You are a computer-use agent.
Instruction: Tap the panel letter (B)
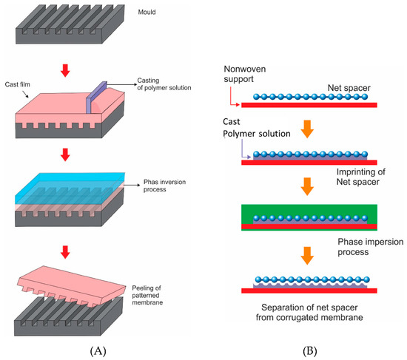[306, 344]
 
